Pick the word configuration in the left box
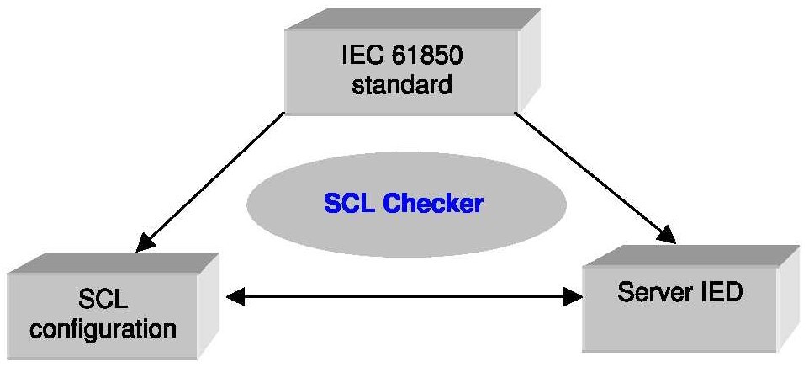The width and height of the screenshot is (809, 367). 103,327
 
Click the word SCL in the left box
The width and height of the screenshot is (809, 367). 103,300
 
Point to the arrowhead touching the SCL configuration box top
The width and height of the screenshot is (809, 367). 145,242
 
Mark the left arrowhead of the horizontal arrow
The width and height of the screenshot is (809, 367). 236,295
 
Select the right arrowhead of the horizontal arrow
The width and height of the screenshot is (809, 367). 574,295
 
